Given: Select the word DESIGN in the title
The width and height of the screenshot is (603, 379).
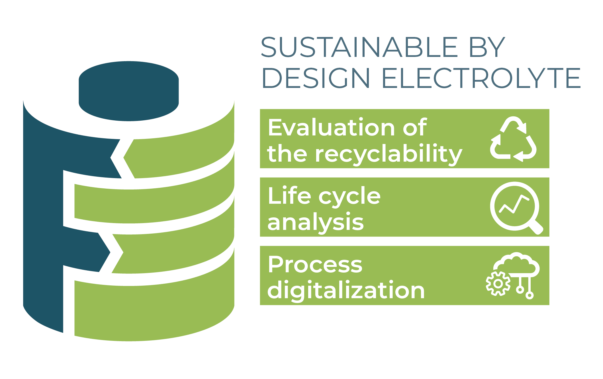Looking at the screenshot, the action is pos(315,78).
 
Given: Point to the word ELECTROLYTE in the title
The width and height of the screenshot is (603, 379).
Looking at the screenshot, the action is pos(481,78).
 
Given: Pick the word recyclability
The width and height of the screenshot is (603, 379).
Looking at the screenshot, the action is pos(389,154).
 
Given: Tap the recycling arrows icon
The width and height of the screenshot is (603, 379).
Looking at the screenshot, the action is pos(513,139).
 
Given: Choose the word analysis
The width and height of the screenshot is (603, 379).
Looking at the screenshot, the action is pos(316,222).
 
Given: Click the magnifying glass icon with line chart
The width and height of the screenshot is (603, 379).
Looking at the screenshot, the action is pos(516,208).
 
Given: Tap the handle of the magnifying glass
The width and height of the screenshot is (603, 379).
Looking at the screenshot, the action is pos(536,227).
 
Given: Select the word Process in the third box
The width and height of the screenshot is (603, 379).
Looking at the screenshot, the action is pos(315,264).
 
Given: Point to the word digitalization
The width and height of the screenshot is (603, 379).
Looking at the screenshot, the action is pos(346,290).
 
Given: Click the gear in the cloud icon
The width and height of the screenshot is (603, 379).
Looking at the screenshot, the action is pos(498,284).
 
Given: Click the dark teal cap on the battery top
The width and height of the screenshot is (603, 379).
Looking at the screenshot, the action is pos(129,91).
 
